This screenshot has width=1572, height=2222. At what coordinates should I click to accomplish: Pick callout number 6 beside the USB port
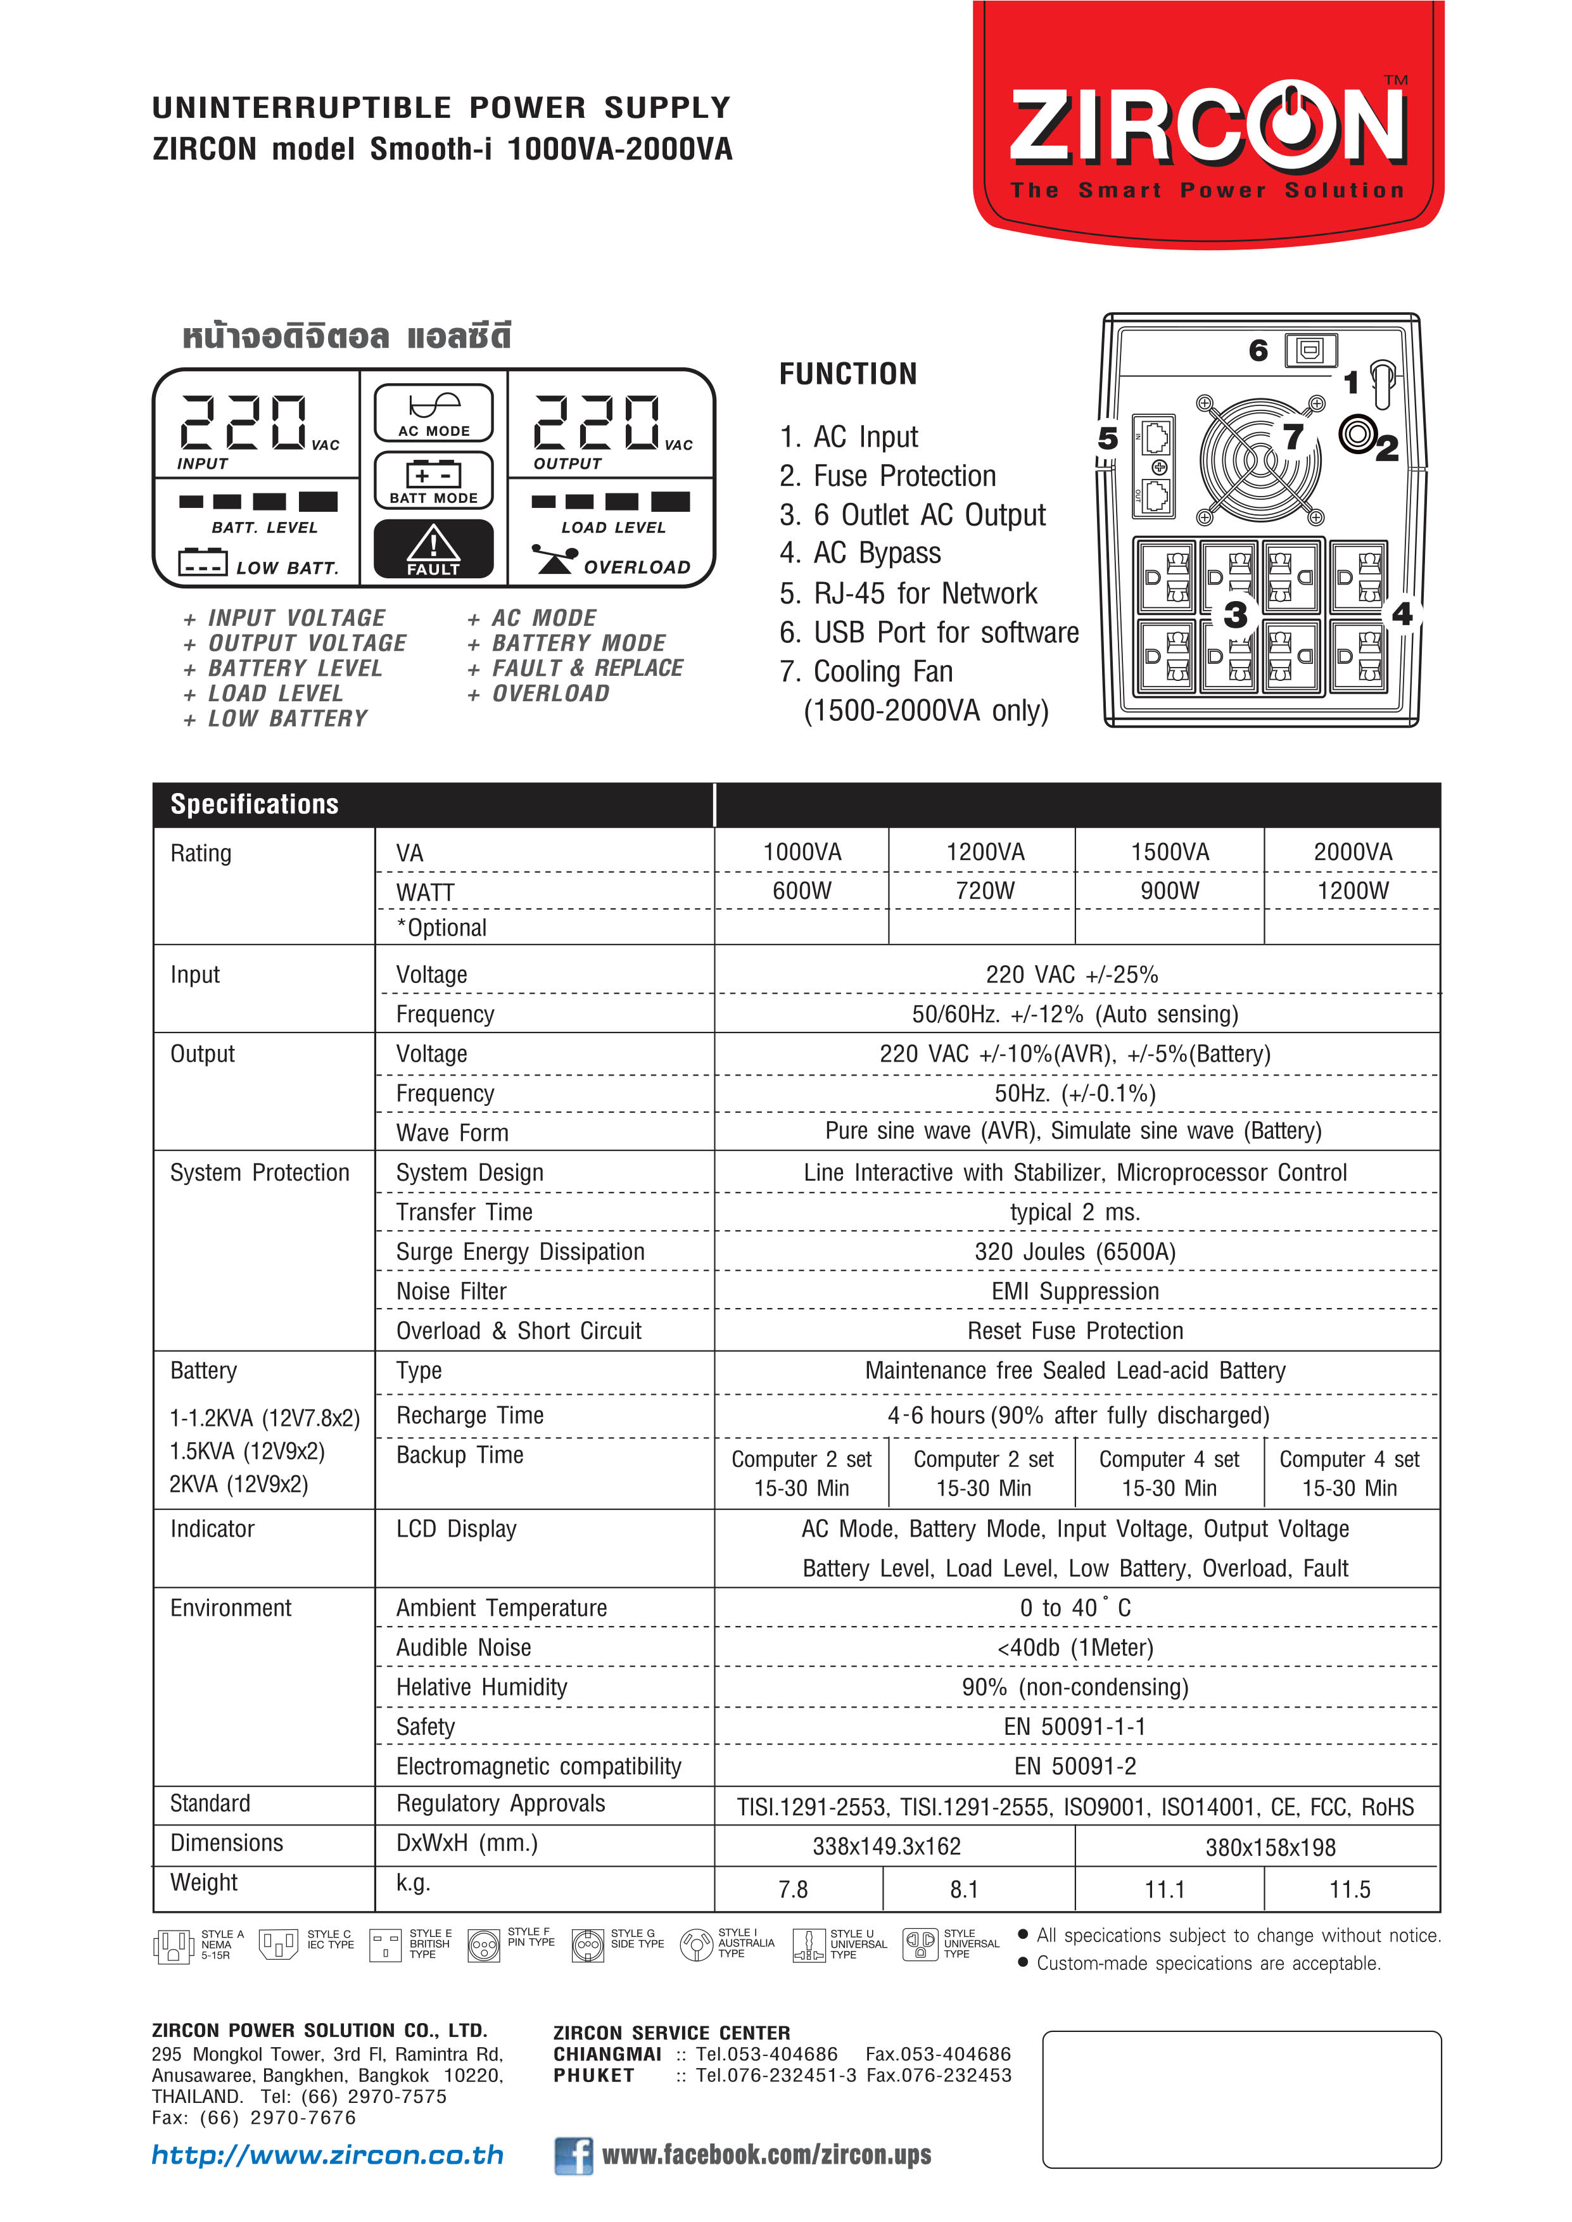pyautogui.click(x=1257, y=350)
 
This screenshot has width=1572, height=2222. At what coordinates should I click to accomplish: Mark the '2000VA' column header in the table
pyautogui.click(x=1352, y=852)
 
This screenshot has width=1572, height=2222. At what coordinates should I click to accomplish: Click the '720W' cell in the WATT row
pyautogui.click(x=984, y=891)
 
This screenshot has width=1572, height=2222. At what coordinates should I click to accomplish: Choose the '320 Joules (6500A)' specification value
pyautogui.click(x=1074, y=1252)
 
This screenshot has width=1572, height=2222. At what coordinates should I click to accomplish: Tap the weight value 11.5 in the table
pyautogui.click(x=1349, y=1889)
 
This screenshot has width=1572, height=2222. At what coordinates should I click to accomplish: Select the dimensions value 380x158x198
pyautogui.click(x=1269, y=1848)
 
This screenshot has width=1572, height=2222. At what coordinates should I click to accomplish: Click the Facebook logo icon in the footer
pyautogui.click(x=573, y=2155)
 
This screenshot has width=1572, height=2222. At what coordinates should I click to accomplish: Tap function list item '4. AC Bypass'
pyautogui.click(x=859, y=552)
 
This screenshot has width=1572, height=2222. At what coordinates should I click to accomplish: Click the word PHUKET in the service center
pyautogui.click(x=593, y=2075)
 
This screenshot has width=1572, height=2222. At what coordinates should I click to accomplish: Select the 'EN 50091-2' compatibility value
pyautogui.click(x=1074, y=1766)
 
